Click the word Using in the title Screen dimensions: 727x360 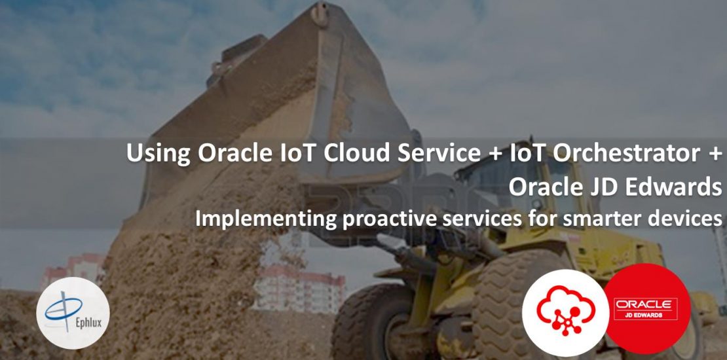[x=158, y=154]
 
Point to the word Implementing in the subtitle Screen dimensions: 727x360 [x=266, y=218]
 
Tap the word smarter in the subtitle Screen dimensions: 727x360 [x=602, y=218]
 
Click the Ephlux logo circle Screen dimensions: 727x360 [x=73, y=313]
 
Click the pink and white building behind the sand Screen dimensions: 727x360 [x=300, y=290]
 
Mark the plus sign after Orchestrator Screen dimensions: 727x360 [x=712, y=154]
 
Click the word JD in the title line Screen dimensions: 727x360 [x=601, y=187]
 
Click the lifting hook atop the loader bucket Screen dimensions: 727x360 [x=320, y=12]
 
